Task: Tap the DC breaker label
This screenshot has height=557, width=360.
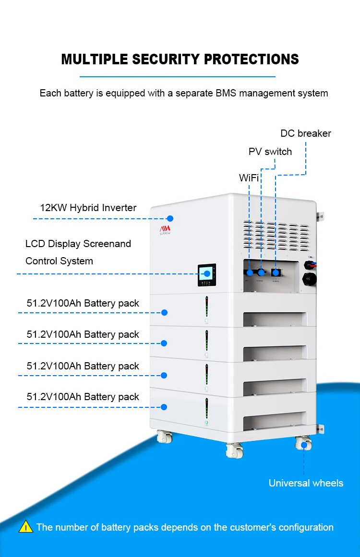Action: click(306, 133)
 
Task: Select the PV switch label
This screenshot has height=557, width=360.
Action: click(270, 152)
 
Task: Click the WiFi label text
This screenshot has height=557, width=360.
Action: click(249, 178)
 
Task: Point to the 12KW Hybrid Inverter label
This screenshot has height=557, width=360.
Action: click(88, 208)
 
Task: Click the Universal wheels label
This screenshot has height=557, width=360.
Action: click(306, 483)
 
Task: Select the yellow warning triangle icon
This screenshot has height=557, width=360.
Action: click(25, 527)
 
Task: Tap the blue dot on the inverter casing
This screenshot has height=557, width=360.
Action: click(169, 218)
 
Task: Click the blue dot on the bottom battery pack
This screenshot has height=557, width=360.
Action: click(164, 407)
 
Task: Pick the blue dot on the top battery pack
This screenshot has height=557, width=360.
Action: click(164, 312)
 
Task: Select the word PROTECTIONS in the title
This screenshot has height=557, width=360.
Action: click(251, 59)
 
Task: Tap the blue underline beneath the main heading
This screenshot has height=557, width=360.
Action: click(177, 76)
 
